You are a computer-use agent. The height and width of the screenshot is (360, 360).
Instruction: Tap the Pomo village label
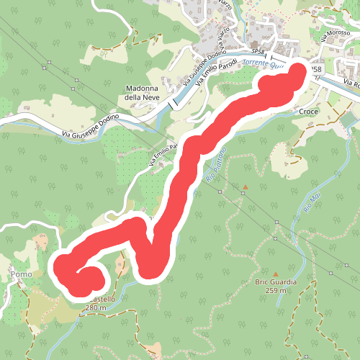click(x=19, y=274)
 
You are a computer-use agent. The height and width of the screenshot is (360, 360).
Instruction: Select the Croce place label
click(x=307, y=112)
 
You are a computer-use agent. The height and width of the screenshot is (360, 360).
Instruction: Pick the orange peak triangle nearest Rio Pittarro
click(x=245, y=188)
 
